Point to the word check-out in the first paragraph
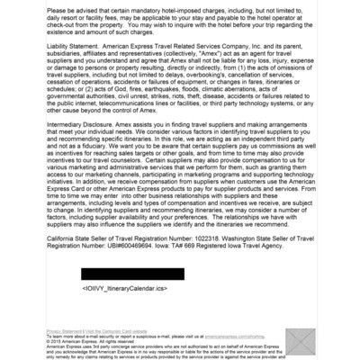click(65, 23)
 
